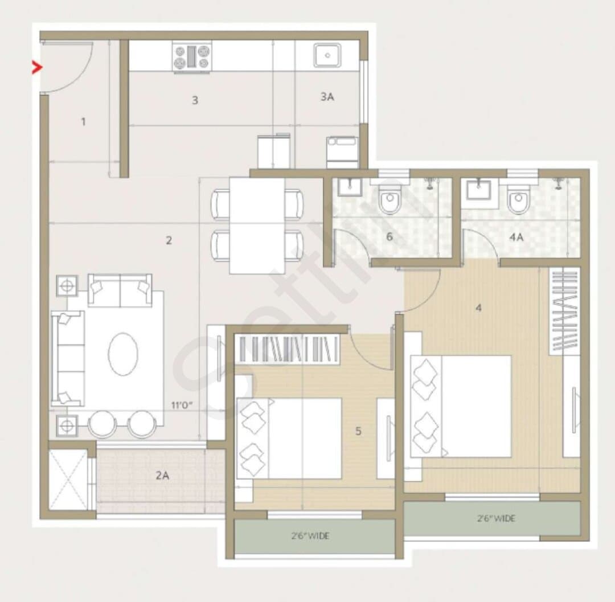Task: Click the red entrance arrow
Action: point(37,68)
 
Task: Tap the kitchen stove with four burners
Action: point(192,56)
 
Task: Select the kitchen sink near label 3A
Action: point(327,55)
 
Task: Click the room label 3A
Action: point(327,96)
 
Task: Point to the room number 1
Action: point(83,121)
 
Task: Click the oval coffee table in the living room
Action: point(123,354)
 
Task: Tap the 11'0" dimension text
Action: point(182,405)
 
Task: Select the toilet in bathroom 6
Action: point(389,198)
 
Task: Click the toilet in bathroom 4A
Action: point(518,198)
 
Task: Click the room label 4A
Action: point(516,237)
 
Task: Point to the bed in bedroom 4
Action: point(461,406)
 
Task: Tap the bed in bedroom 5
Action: point(289,439)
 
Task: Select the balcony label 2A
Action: point(162,476)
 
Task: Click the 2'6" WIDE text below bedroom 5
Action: point(310,536)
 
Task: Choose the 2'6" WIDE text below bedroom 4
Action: point(496,518)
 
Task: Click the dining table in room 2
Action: point(257,226)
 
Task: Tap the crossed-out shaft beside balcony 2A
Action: point(68,479)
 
